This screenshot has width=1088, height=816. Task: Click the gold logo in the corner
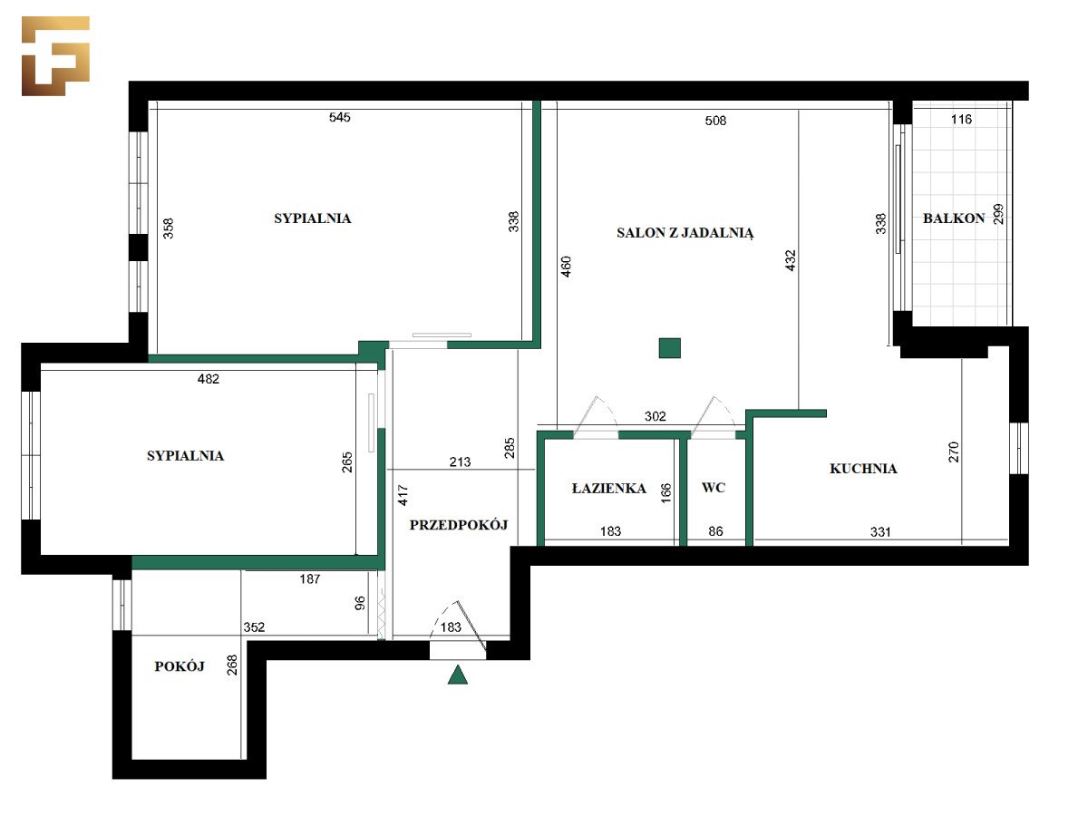(55, 55)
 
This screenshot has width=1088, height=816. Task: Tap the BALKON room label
(953, 219)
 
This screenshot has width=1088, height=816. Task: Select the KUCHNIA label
(863, 469)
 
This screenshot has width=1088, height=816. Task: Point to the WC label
(714, 488)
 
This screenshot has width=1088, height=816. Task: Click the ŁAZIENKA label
(608, 489)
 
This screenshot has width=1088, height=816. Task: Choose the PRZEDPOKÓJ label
(459, 525)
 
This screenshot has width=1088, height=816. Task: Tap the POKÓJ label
(180, 667)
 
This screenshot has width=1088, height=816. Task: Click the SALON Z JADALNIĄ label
(685, 233)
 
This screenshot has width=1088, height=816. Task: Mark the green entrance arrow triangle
(457, 675)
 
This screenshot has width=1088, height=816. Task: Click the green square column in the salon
(669, 348)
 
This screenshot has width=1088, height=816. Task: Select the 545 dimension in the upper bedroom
(339, 118)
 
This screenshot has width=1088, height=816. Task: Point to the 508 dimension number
(715, 121)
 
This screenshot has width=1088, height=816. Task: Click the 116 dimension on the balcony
(961, 120)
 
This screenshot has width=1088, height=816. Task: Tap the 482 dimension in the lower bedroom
(209, 379)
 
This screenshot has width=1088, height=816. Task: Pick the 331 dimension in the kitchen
(880, 532)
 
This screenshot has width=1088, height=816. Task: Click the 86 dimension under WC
(715, 531)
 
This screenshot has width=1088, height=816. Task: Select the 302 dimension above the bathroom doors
(655, 417)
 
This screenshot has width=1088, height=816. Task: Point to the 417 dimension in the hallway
(403, 495)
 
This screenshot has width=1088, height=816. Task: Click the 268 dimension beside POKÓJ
(232, 665)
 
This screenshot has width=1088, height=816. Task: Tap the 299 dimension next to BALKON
(998, 214)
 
